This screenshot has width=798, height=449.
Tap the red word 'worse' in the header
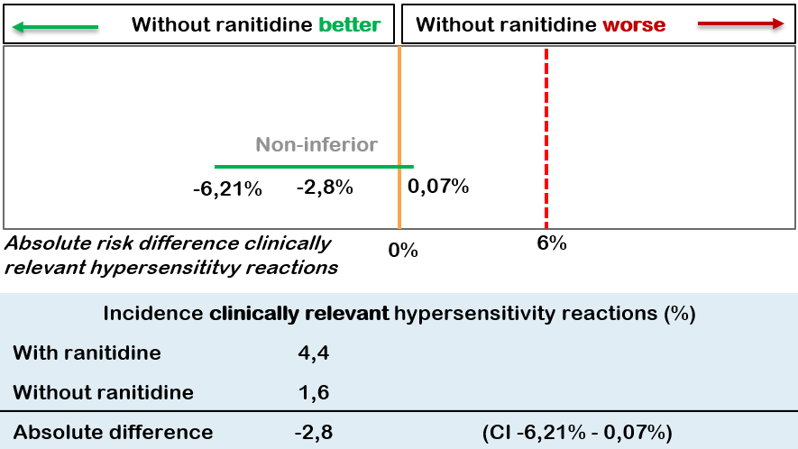[x=635, y=24]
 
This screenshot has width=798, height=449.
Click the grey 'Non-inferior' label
[x=316, y=144]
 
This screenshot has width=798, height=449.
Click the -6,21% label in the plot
[x=226, y=190]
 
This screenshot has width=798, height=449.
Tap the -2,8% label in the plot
[x=325, y=188]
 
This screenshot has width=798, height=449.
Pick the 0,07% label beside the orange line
[x=438, y=187]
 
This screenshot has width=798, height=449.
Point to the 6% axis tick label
[x=551, y=243]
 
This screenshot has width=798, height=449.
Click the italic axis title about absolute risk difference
[x=171, y=255]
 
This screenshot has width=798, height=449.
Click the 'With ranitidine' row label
[x=87, y=353]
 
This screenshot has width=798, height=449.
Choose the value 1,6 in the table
[x=312, y=392]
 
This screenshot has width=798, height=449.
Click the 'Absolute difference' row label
[x=113, y=432]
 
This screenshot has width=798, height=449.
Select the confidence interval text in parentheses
[x=578, y=432]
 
